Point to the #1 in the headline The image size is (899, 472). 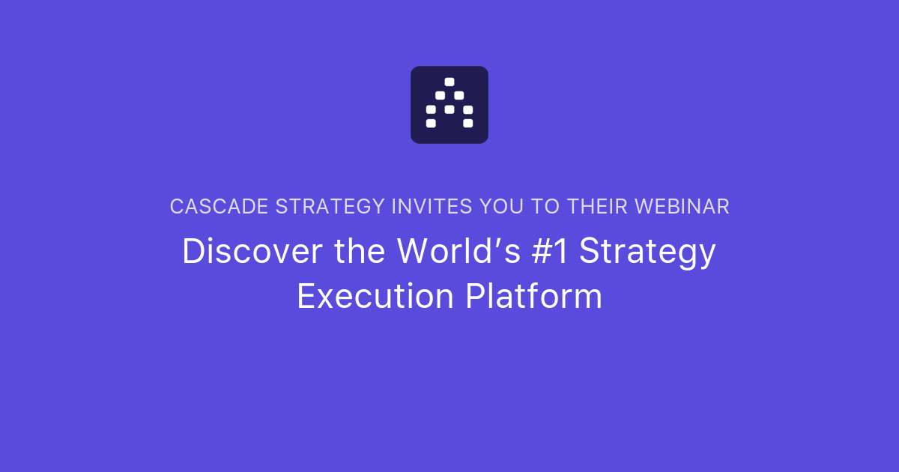550,251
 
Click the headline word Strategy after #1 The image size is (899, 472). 648,252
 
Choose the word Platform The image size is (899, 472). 533,296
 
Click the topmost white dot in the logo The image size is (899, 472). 449,82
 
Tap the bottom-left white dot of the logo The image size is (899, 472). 431,123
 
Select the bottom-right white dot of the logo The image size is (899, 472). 468,123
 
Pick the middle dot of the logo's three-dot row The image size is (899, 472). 449,109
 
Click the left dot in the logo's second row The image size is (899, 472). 441,95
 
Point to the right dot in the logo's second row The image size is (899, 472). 458,95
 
